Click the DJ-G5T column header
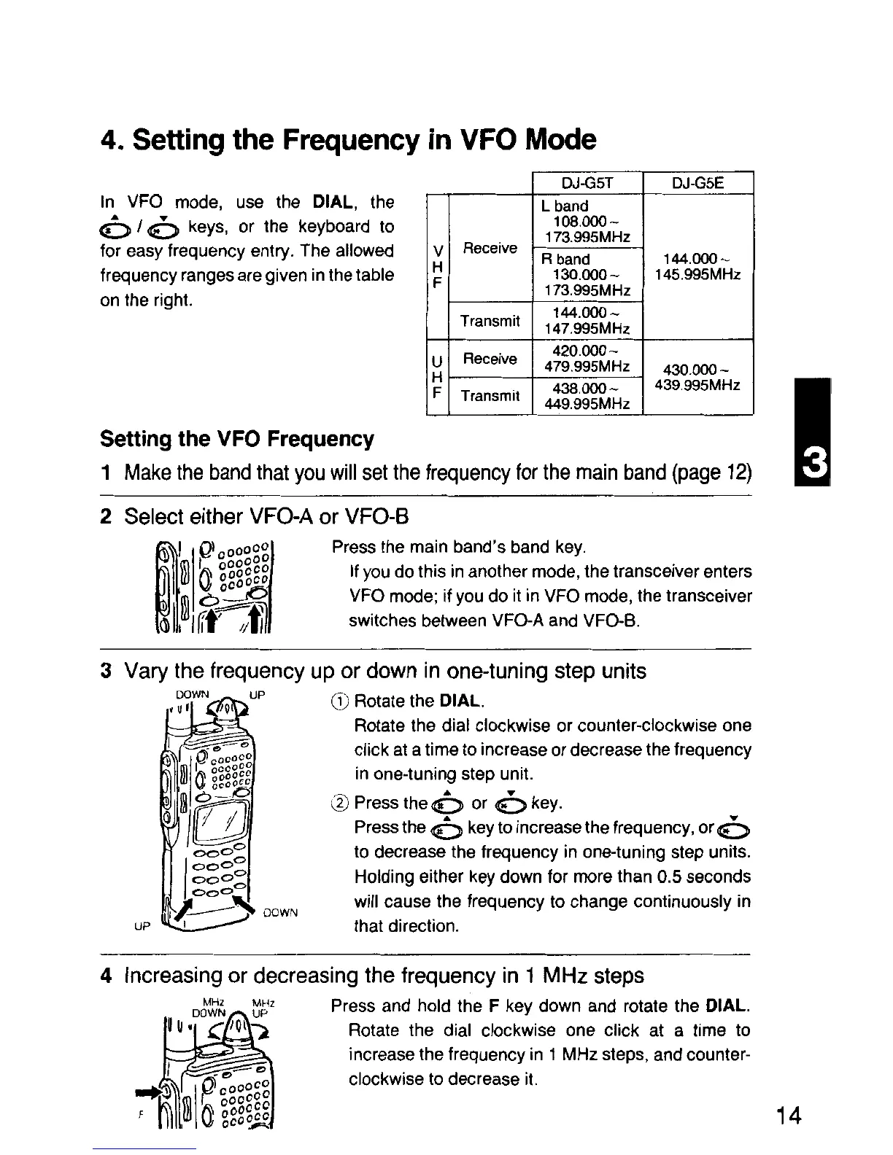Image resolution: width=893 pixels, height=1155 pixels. click(x=588, y=184)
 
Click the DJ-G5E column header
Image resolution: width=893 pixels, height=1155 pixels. click(x=697, y=184)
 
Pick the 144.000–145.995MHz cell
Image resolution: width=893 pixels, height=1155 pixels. click(x=697, y=267)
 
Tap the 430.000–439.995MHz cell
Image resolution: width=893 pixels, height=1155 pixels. click(x=697, y=377)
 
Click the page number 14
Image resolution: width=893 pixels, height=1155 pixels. click(x=789, y=1116)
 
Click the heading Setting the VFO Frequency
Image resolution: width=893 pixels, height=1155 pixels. click(x=236, y=439)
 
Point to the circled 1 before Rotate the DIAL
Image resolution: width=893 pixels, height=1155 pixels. click(x=339, y=701)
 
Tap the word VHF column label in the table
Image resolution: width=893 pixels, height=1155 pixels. click(x=437, y=266)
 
